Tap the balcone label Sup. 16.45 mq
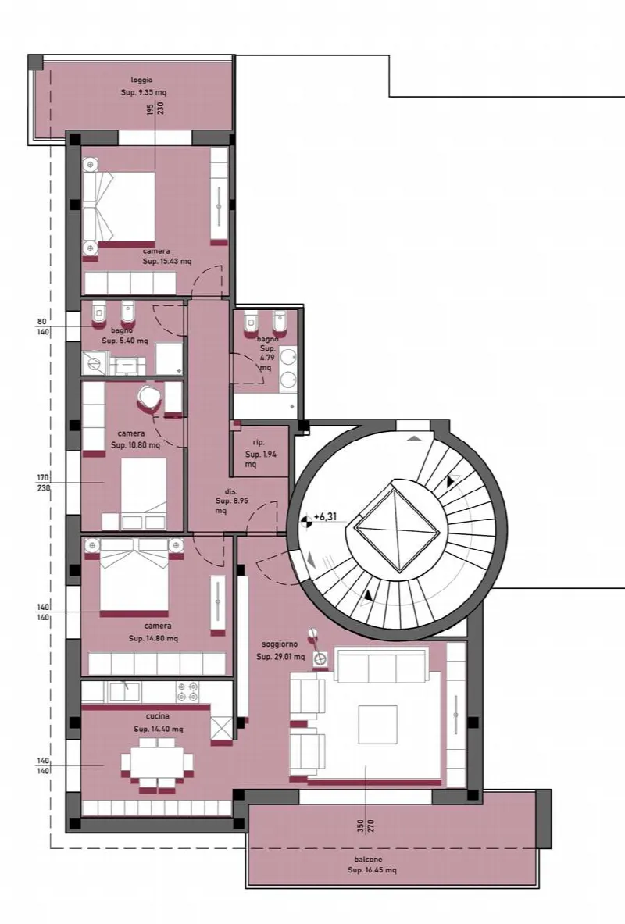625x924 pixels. pos(371,870)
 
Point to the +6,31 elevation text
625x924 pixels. pos(325,517)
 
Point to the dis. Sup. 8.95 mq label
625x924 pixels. pos(232,501)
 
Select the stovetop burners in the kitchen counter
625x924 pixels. pos(188,692)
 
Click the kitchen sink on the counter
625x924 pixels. pos(124,691)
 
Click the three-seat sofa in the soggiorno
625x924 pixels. pos(381,665)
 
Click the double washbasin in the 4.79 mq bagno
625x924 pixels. pos(288,369)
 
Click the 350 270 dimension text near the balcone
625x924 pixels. pos(365,826)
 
